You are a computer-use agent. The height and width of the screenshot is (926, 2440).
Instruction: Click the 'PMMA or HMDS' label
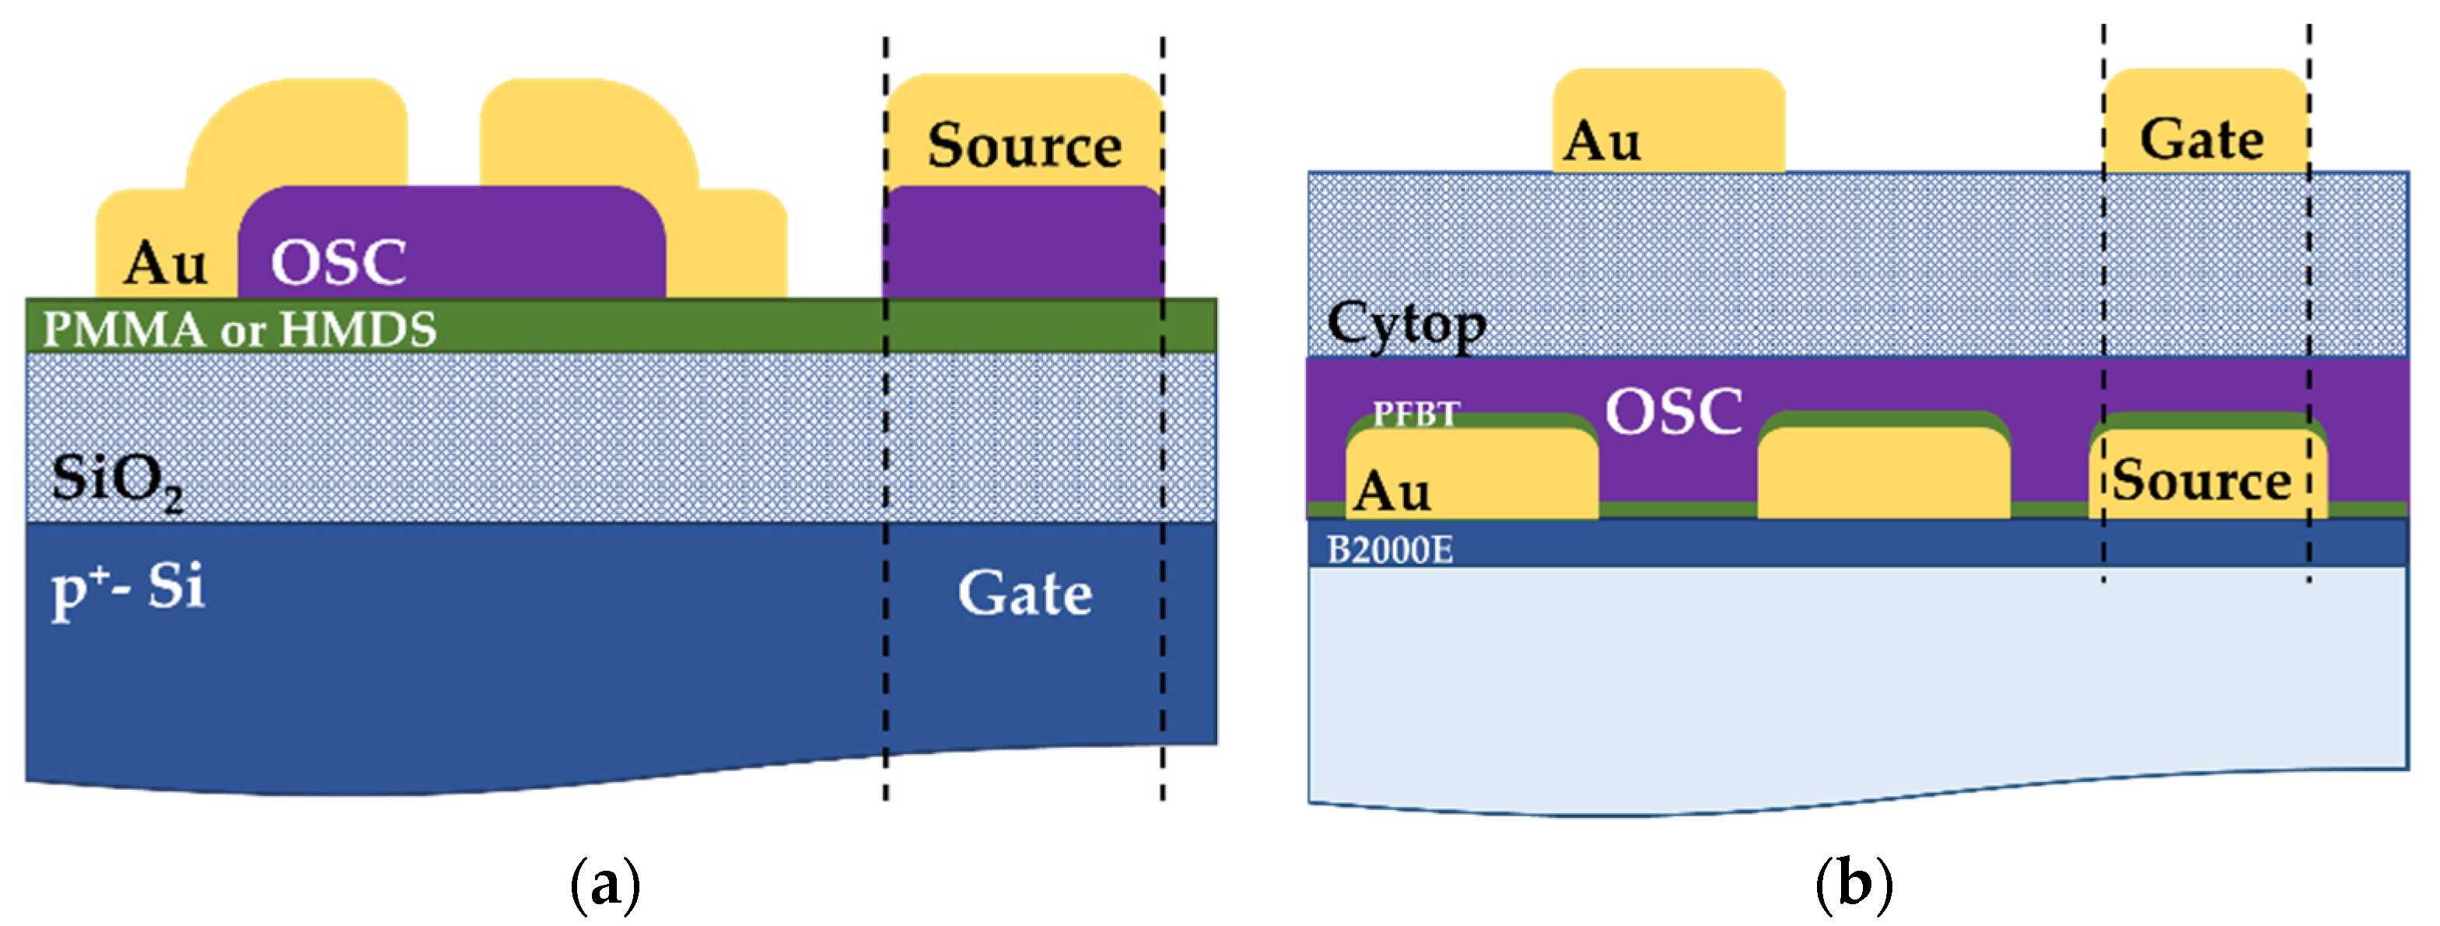[240, 330]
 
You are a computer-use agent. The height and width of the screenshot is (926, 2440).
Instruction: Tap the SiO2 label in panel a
[117, 481]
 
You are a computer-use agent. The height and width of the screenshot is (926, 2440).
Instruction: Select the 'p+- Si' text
[128, 588]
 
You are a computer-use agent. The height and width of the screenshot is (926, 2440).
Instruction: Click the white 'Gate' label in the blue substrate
[1025, 595]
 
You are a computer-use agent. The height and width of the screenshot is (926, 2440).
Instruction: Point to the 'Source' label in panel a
[1025, 145]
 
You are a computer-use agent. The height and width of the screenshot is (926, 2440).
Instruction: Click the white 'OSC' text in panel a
[338, 262]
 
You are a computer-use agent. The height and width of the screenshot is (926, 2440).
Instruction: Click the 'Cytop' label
[1406, 325]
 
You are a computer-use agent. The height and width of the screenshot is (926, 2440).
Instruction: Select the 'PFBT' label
[1416, 413]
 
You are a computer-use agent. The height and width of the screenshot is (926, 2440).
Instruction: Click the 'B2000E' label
[1389, 549]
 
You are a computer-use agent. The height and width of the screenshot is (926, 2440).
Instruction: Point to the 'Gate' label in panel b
[2201, 140]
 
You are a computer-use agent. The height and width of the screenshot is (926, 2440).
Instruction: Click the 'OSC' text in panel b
[1674, 412]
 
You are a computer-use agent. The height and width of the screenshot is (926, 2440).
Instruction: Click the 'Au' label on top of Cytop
[1602, 142]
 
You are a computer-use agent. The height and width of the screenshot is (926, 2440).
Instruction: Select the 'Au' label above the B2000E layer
[1392, 492]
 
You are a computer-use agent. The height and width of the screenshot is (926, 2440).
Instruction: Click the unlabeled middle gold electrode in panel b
[1883, 474]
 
